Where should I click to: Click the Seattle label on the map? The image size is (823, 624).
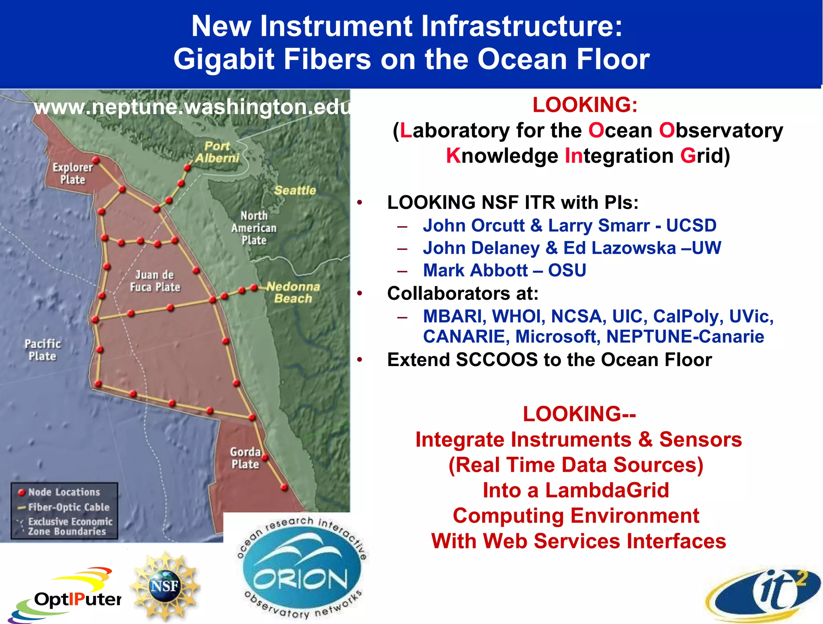(295, 190)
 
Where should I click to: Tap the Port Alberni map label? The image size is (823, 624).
(217, 152)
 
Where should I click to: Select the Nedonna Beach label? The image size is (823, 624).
(293, 293)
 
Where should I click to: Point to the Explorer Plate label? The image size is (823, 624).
(73, 173)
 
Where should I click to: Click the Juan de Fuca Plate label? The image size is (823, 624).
(155, 281)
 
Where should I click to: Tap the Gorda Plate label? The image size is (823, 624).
(246, 458)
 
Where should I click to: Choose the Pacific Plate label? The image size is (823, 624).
(43, 350)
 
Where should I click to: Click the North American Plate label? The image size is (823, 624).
(254, 228)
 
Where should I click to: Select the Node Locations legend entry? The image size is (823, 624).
(63, 492)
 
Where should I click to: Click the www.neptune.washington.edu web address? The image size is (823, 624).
(192, 107)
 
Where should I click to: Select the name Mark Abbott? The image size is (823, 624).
(475, 270)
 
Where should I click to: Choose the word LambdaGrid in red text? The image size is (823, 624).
(607, 490)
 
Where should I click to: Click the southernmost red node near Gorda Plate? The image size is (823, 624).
(284, 487)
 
